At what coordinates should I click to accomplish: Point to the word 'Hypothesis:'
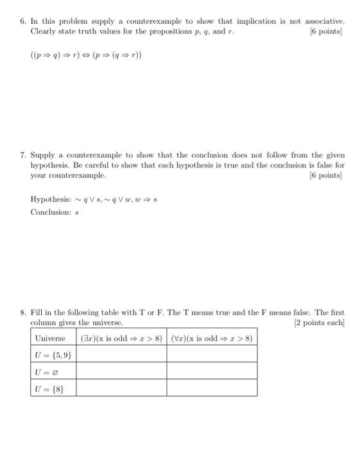point(49,199)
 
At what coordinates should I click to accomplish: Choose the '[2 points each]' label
point(318,323)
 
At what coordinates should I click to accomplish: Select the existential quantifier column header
point(122,338)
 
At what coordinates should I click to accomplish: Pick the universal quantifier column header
point(212,338)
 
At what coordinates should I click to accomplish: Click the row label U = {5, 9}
point(53,355)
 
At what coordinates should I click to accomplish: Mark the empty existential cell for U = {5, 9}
point(122,355)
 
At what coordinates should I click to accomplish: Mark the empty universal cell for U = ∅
point(212,371)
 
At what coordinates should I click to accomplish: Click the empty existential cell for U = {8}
point(122,388)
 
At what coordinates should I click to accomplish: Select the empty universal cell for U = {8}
point(212,388)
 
